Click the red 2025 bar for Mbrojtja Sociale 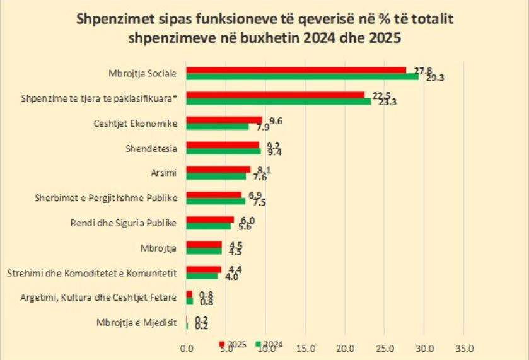296,70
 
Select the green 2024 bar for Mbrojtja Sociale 303,76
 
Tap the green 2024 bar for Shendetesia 224,151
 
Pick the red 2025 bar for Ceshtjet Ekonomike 224,120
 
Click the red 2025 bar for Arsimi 219,170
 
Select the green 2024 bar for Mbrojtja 204,251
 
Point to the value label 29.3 436,78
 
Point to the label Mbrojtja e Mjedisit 136,322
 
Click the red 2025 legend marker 221,344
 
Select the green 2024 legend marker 258,344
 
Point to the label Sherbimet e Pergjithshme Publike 105,198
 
